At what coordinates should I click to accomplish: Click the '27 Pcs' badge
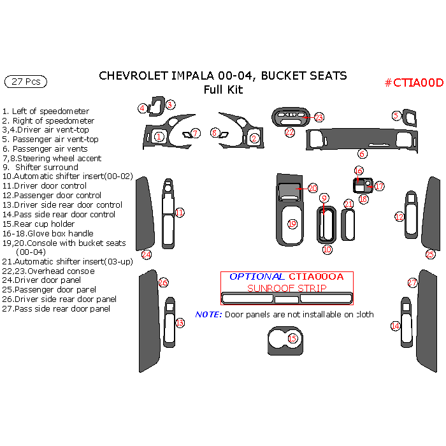25,82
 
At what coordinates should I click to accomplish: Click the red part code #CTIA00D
414,83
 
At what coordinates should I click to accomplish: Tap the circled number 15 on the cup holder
292,338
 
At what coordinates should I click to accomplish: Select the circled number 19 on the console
292,224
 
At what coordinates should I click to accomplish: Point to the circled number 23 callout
319,117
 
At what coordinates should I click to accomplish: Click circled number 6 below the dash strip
362,154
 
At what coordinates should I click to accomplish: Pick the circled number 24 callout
147,254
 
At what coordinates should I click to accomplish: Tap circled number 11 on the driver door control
180,212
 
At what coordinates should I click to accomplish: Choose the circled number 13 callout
180,323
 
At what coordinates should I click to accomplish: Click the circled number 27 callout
412,282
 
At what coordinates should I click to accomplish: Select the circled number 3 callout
170,104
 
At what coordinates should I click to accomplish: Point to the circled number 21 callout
349,204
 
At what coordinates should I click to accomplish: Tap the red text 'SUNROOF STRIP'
287,288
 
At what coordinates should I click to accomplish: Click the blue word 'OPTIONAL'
257,277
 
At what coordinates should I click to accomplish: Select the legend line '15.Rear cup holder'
38,224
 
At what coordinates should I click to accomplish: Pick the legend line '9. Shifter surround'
41,167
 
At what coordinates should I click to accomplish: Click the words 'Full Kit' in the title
223,90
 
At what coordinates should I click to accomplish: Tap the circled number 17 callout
380,187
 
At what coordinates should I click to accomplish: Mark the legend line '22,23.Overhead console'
48,271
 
